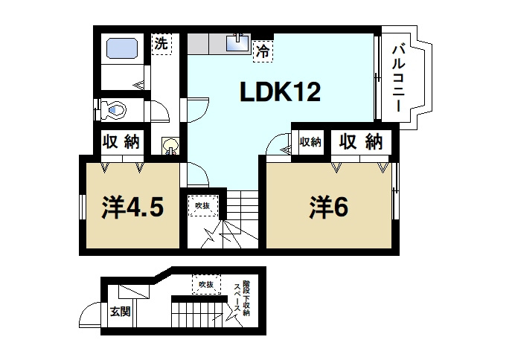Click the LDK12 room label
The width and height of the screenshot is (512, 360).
click(x=279, y=92)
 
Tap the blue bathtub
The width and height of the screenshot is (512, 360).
click(x=121, y=49)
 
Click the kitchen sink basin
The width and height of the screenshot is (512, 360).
click(x=237, y=43)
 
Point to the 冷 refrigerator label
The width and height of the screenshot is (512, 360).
click(x=262, y=51)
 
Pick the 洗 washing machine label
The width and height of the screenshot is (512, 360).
click(x=160, y=44)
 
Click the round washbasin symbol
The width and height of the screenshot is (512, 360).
click(x=170, y=143)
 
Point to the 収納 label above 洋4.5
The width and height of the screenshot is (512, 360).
click(x=121, y=141)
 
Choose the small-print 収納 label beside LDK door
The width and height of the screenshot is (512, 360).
click(x=310, y=142)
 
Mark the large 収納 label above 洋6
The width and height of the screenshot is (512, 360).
click(x=361, y=141)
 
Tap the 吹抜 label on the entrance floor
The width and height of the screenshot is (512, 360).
click(x=206, y=284)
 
